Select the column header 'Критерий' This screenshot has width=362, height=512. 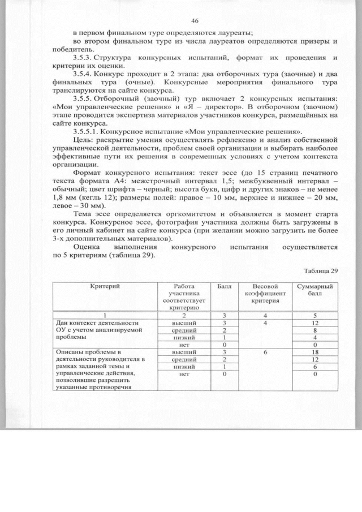click(104, 287)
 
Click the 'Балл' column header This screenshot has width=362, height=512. click(224, 287)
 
